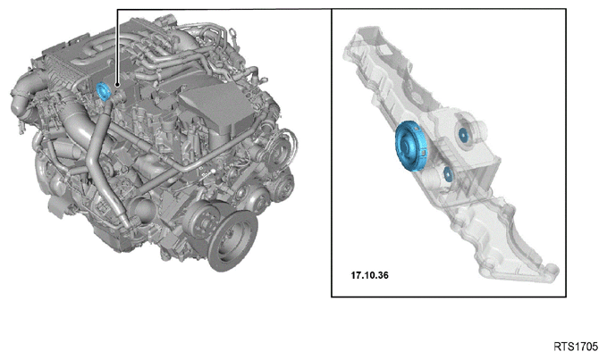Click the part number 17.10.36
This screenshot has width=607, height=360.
pyautogui.click(x=369, y=275)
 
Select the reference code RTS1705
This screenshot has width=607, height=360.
pyautogui.click(x=576, y=347)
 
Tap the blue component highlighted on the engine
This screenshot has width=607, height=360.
pyautogui.click(x=104, y=91)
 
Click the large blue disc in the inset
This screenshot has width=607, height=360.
pyautogui.click(x=411, y=146)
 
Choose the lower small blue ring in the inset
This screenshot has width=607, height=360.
pyautogui.click(x=448, y=175)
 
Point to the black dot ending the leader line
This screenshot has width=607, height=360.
pyautogui.click(x=117, y=84)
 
